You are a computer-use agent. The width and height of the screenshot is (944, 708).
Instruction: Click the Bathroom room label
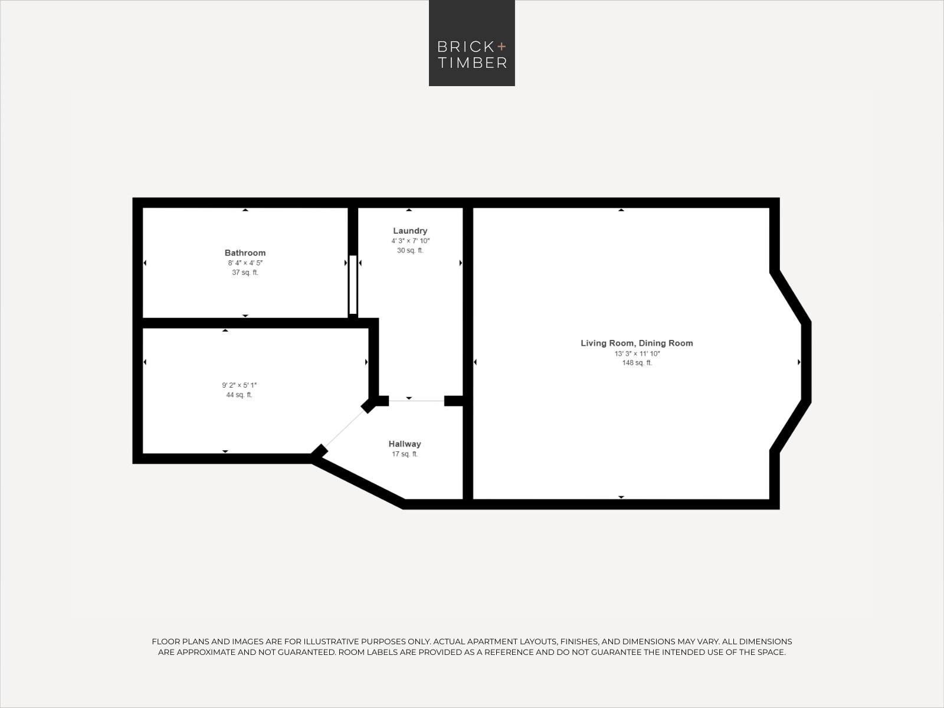point(245,253)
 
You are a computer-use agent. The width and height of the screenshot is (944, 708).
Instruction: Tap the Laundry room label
point(410,231)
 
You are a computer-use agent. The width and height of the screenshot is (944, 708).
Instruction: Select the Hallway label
point(405,444)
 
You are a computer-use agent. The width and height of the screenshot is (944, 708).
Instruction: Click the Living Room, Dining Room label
point(637,343)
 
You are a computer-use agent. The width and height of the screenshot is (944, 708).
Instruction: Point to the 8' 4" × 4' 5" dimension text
point(245,263)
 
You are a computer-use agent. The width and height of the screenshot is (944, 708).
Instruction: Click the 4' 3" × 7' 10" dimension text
point(410,241)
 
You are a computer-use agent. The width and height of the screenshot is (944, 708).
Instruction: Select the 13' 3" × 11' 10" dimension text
point(637,354)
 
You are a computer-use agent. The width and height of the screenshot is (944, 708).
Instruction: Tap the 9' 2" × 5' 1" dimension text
point(239,385)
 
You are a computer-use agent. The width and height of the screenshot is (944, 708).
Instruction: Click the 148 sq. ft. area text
point(637,363)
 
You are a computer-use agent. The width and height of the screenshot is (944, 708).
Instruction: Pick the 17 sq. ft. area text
point(405,454)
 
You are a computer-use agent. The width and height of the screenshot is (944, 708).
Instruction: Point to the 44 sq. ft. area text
point(239,395)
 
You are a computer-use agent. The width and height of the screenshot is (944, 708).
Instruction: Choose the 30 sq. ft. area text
point(410,250)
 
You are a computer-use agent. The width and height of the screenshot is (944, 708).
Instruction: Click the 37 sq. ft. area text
point(245,273)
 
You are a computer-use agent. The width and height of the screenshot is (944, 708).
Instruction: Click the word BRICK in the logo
point(466,47)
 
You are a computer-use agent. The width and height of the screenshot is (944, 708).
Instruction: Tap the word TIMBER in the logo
point(472,63)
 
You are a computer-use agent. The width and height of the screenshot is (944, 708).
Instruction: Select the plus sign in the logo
point(501,46)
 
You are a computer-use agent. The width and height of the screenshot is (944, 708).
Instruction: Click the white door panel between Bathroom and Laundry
point(353,284)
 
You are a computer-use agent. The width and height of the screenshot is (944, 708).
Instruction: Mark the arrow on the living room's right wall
point(799,362)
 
